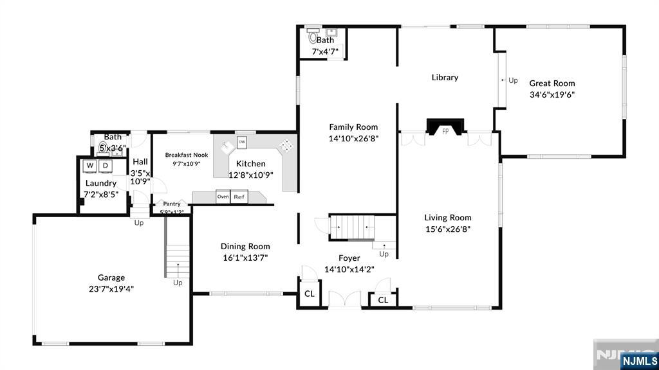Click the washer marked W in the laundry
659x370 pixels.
[x=90, y=166]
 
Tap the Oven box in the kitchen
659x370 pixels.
[x=223, y=197]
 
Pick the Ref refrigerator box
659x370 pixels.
[x=239, y=197]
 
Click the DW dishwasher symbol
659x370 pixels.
[x=242, y=141]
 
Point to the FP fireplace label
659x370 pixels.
[x=445, y=131]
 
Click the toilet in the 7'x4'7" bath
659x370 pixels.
[x=313, y=36]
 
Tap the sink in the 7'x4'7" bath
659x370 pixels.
[x=331, y=31]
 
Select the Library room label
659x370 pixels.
[x=445, y=77]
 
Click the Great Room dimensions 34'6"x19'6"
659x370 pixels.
[x=552, y=94]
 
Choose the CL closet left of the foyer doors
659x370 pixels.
[x=309, y=294]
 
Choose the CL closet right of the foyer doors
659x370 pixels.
[x=383, y=300]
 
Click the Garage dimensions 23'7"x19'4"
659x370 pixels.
[x=111, y=289]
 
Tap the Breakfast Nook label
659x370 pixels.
[x=187, y=155]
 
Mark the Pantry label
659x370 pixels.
[x=171, y=204]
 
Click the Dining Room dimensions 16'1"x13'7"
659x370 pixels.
[x=245, y=258]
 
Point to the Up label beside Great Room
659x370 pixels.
[x=513, y=80]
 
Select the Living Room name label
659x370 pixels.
[x=448, y=217]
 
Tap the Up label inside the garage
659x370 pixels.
[x=178, y=283]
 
